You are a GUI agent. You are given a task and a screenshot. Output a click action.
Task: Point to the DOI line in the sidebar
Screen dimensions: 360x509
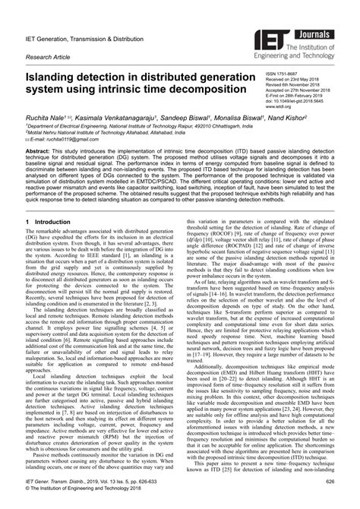pyautogui.click(x=301, y=103)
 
